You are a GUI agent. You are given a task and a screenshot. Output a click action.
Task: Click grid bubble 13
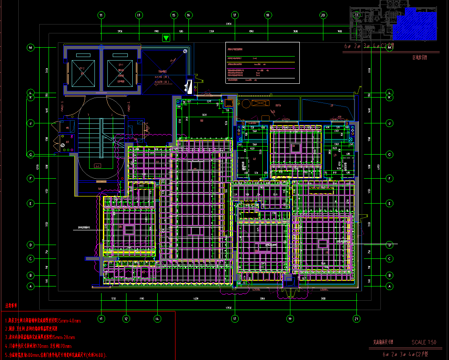139,15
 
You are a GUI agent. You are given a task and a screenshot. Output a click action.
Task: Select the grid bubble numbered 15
174,15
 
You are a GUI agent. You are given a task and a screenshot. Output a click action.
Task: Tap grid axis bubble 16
188,15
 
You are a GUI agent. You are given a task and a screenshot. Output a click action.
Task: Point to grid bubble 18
268,15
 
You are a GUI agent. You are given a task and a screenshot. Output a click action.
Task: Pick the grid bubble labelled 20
323,15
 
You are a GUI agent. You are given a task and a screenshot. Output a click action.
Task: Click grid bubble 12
126,319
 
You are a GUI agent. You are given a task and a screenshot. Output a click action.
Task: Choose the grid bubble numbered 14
157,319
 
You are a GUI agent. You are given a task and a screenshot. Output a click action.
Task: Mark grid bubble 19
290,319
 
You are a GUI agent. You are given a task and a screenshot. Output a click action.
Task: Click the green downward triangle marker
166,38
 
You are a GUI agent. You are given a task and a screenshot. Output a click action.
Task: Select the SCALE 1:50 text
424,342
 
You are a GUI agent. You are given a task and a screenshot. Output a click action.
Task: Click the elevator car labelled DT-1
120,73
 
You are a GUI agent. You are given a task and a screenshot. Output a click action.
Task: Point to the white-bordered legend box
262,63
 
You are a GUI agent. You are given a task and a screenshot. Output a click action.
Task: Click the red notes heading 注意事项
12,307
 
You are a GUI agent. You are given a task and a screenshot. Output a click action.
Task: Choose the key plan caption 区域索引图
420,57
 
